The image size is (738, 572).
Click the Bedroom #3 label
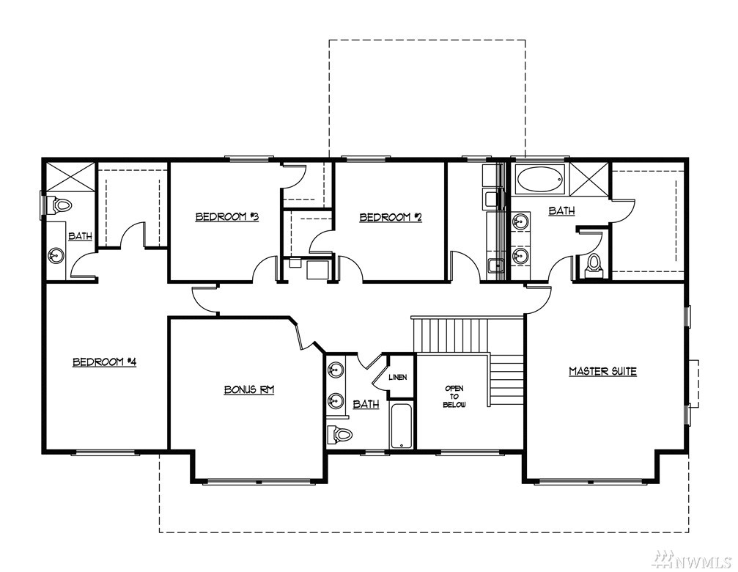(227, 217)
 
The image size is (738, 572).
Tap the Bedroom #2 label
(391, 218)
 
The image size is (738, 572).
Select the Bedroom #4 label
(105, 362)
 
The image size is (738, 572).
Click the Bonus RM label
(249, 390)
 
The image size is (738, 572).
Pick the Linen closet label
(398, 377)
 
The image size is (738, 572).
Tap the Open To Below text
(454, 397)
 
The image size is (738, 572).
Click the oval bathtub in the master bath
(539, 179)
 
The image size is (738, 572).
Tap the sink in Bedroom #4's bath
(56, 257)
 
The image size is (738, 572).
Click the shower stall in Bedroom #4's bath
(69, 177)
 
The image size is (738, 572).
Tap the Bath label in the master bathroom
(561, 211)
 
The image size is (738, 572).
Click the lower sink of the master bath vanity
(520, 257)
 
